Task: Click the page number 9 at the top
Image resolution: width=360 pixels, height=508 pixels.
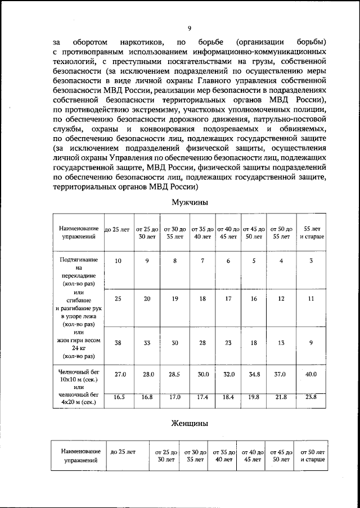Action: [189, 29]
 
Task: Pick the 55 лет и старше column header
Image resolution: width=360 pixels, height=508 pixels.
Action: [311, 233]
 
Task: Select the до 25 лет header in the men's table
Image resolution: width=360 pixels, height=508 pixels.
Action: [118, 229]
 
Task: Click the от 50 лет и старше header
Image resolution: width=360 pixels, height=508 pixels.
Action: [312, 455]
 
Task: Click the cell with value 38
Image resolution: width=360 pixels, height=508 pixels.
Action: [118, 342]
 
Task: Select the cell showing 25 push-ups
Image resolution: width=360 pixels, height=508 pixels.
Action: [118, 299]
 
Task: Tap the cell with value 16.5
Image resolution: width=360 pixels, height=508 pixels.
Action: [118, 397]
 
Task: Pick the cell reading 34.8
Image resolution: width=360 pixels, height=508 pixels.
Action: [254, 373]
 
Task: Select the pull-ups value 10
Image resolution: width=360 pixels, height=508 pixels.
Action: [118, 261]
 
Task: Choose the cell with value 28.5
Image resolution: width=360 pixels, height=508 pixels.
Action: [174, 373]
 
